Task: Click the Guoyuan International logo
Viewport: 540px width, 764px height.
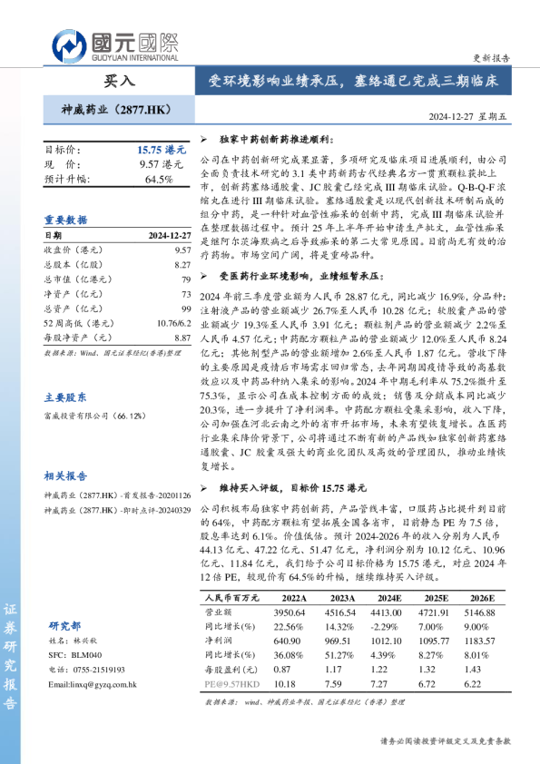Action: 114,44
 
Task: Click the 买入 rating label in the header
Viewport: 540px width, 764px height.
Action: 119,81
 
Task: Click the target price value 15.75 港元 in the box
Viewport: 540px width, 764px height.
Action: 160,149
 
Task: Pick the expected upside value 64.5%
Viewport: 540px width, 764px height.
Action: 159,179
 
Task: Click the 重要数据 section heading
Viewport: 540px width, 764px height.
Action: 66,220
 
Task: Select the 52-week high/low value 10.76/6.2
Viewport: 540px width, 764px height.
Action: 172,322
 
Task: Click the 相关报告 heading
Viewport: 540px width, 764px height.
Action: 66,475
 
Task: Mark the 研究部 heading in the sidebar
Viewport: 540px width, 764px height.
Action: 66,626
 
